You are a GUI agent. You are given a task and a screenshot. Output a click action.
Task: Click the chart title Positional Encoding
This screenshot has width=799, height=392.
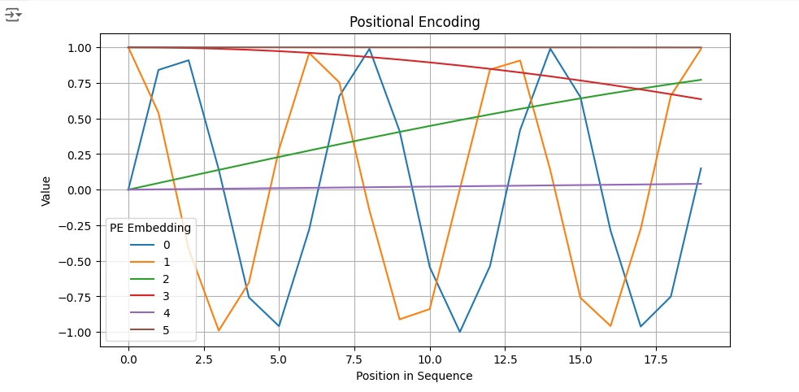tap(415, 22)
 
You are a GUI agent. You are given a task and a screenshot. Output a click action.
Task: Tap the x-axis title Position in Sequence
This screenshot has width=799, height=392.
tap(415, 377)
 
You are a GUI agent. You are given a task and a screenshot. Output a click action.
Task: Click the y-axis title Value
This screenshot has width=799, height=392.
tap(46, 190)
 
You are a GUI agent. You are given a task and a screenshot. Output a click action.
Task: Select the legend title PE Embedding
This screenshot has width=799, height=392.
tap(150, 228)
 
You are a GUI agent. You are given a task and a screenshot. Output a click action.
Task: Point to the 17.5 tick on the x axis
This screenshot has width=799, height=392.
tap(656, 360)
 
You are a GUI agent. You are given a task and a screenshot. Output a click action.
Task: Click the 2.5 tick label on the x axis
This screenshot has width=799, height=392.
tap(204, 360)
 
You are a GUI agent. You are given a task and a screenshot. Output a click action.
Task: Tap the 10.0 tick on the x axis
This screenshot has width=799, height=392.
tap(429, 360)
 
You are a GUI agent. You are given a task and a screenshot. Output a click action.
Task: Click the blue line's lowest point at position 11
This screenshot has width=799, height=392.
tap(459, 332)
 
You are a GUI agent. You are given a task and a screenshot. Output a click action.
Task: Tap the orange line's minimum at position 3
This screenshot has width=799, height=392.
tap(219, 330)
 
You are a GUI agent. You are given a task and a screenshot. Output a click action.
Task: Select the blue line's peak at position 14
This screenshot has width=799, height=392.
tap(550, 49)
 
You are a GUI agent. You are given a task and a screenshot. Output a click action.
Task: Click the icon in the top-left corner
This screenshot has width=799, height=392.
tap(13, 15)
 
